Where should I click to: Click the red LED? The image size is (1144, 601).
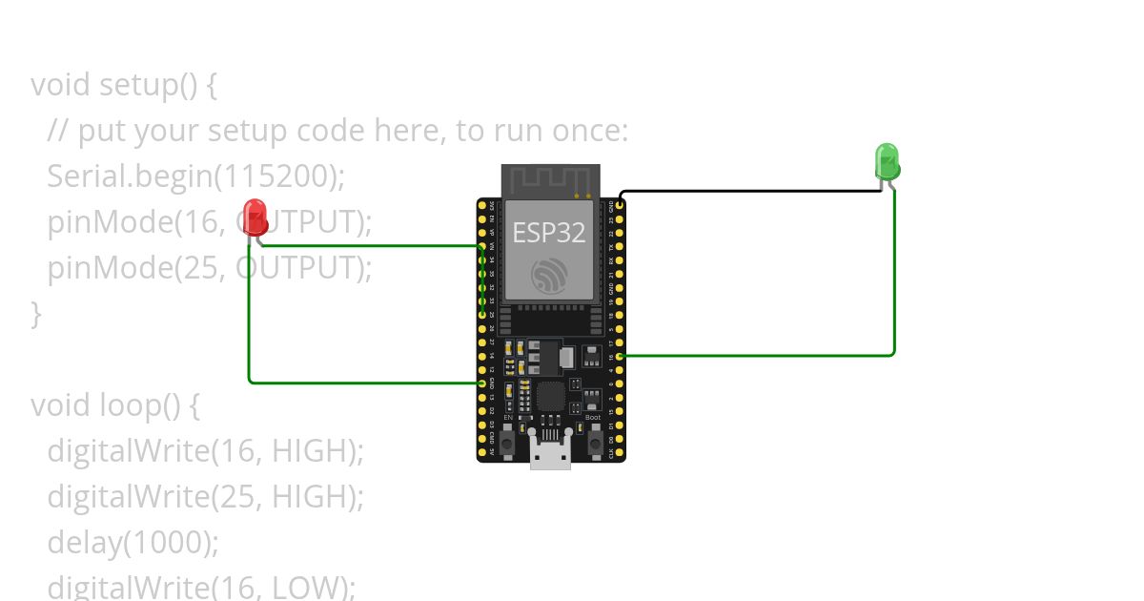coord(254,214)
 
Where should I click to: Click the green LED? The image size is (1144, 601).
coord(887,160)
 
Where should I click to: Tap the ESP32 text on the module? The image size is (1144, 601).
coord(548,232)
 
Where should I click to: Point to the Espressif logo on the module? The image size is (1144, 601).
coord(549,276)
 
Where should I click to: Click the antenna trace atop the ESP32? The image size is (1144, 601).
coord(550,178)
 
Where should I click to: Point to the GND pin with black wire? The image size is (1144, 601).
coord(621,204)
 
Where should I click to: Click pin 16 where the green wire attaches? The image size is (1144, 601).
coord(621,356)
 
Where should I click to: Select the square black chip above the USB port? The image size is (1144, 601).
coord(552,396)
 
